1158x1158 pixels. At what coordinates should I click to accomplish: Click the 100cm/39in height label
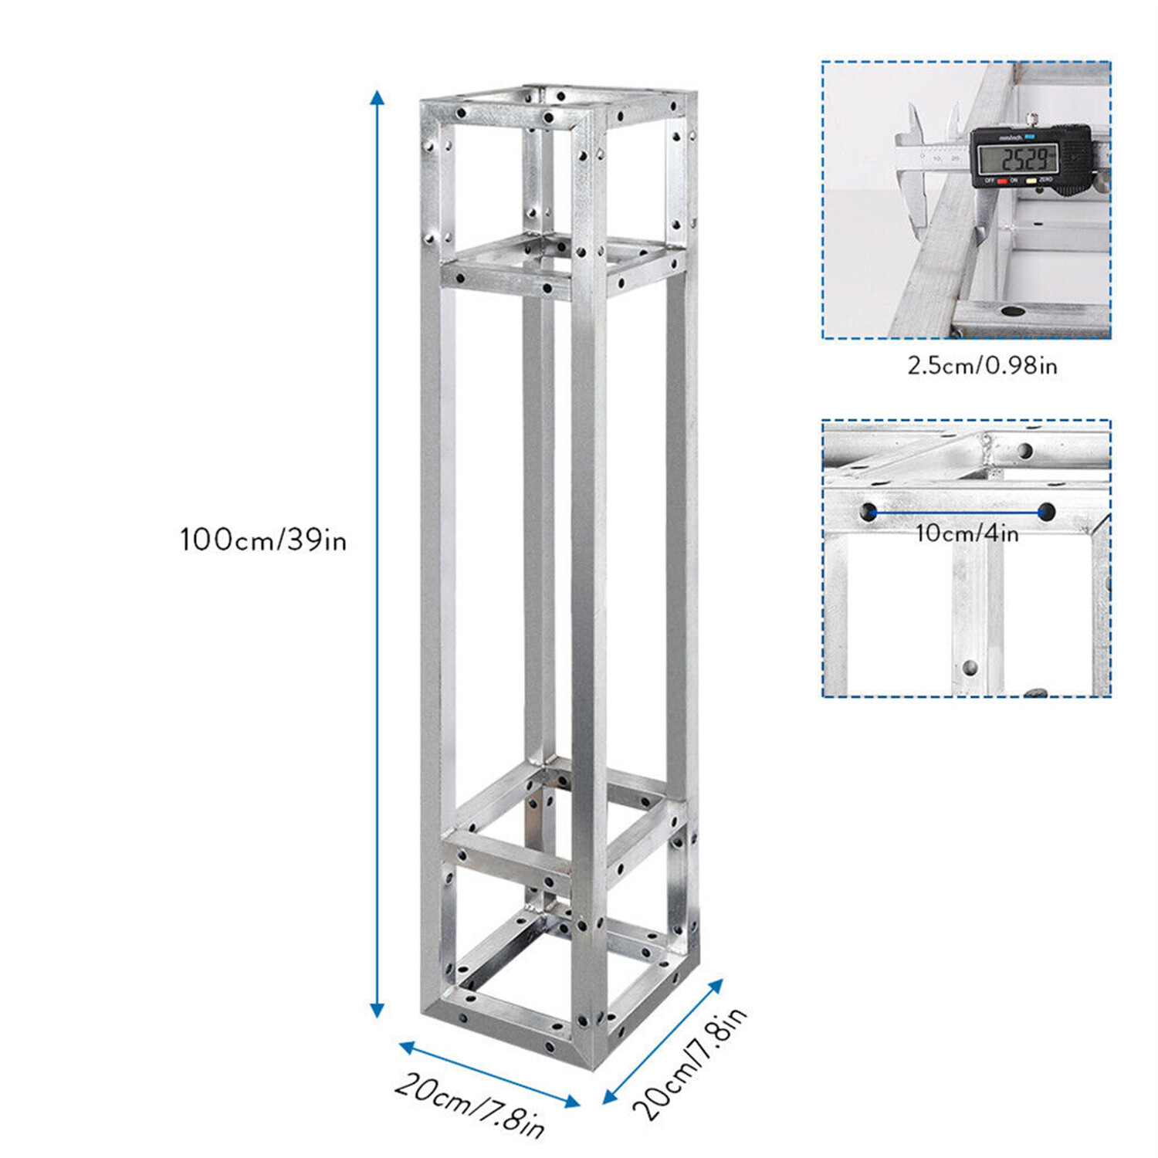click(x=263, y=540)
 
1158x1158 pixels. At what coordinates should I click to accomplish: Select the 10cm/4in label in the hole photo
click(x=967, y=533)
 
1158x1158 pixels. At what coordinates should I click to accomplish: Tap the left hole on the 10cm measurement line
click(x=869, y=511)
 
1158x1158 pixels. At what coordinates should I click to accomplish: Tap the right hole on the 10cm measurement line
click(x=1047, y=511)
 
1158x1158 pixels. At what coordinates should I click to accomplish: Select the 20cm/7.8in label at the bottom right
click(x=689, y=1064)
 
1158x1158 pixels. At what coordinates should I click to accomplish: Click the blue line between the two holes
click(x=958, y=511)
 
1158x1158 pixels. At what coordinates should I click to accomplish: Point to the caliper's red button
click(x=1003, y=181)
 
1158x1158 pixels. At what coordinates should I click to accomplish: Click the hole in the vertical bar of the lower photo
click(x=970, y=668)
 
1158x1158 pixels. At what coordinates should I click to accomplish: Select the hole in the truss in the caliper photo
click(x=1013, y=312)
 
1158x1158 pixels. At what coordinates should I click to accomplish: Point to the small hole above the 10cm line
click(x=1024, y=450)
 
